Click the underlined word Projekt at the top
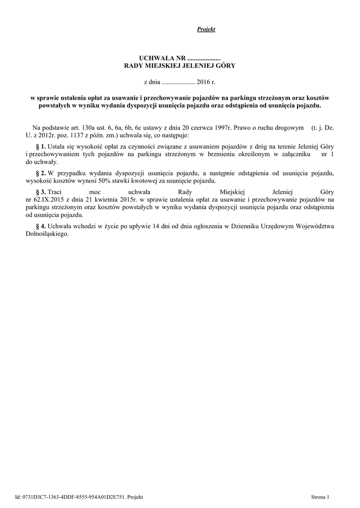click(x=206, y=30)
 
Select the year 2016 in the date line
click(x=204, y=80)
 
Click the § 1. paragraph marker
click(x=41, y=147)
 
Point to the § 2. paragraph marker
click(x=41, y=173)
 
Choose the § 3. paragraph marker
click(x=41, y=191)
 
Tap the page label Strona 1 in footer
click(x=320, y=497)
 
